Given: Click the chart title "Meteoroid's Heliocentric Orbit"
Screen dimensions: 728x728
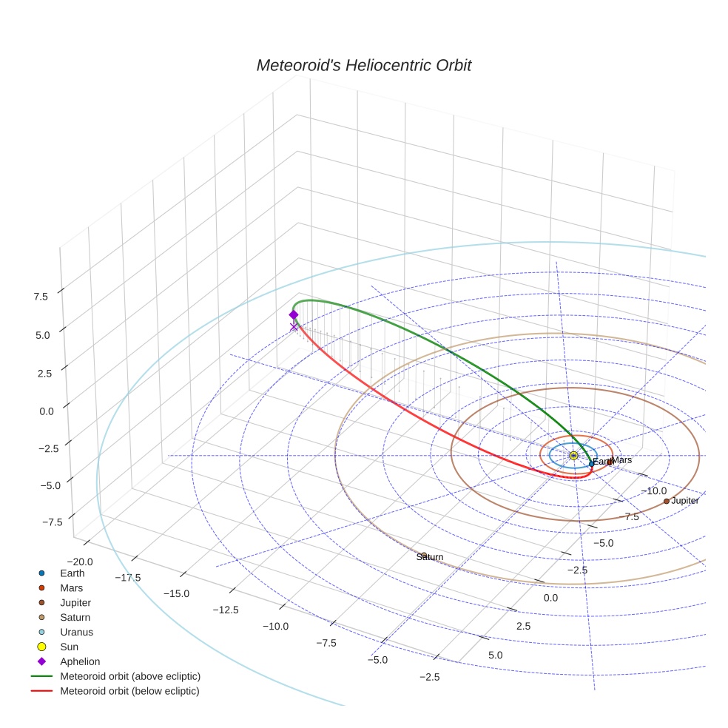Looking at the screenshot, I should (x=363, y=65).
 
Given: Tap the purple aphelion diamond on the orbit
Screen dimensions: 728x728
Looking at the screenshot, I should (x=294, y=314).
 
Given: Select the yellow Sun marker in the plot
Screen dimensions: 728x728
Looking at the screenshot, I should (x=573, y=456).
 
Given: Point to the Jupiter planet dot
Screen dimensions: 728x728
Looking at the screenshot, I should (x=666, y=501).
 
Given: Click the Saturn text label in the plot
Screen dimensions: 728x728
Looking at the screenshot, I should (x=430, y=557).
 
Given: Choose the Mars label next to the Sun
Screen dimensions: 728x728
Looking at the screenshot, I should (x=622, y=460).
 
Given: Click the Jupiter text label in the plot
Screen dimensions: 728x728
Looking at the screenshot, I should (x=685, y=501).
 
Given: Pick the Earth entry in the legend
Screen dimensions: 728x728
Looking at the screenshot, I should (x=72, y=573).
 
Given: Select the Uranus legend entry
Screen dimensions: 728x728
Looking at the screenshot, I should (x=76, y=632).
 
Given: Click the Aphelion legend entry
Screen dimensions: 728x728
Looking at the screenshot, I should (x=80, y=661).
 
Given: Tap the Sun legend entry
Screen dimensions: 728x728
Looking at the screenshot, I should (x=68, y=647).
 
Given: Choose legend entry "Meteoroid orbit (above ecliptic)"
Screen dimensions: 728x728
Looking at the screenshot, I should (x=130, y=676).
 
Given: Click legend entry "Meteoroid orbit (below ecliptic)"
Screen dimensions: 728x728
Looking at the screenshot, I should (x=129, y=691).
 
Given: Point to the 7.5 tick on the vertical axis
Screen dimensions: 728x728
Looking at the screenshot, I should (x=40, y=297).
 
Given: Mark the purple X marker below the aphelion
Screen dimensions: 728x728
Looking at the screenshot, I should (x=294, y=326).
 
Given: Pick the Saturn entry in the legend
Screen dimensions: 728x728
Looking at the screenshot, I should (x=75, y=617).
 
